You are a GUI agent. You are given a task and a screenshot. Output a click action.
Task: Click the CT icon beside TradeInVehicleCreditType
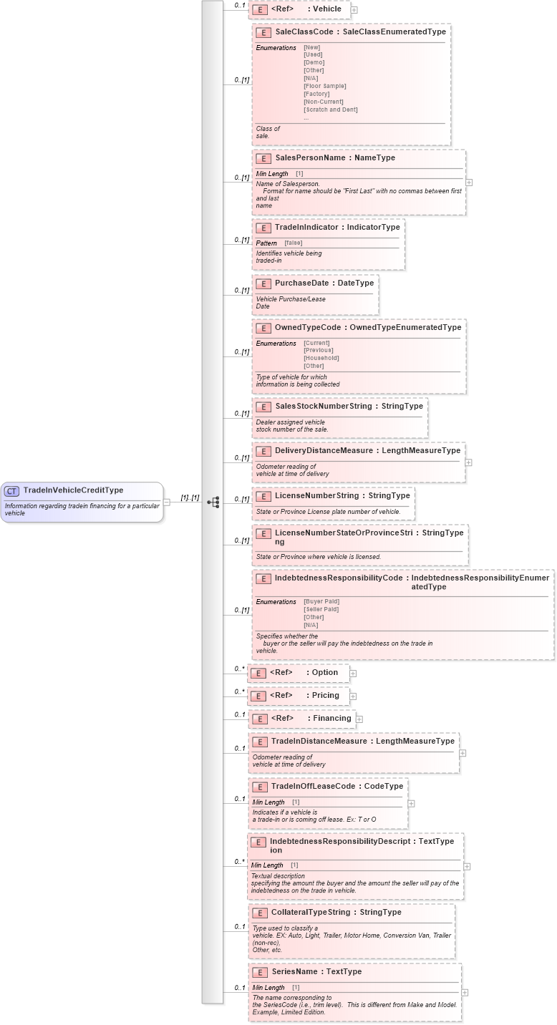click(x=11, y=491)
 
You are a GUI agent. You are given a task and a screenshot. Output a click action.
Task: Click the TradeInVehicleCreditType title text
click(x=73, y=490)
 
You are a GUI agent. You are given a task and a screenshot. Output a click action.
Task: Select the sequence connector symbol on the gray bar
click(x=213, y=502)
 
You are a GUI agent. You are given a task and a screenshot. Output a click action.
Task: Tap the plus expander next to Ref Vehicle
click(x=354, y=10)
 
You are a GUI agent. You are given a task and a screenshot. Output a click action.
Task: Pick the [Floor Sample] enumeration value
click(x=324, y=86)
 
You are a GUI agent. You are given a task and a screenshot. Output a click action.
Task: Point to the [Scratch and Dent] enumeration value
click(x=330, y=110)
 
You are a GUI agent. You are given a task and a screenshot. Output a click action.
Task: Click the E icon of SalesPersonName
click(x=263, y=158)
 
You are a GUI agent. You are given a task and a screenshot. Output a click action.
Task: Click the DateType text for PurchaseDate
click(x=355, y=283)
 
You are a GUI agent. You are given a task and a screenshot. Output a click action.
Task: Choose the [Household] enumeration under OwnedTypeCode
click(x=321, y=358)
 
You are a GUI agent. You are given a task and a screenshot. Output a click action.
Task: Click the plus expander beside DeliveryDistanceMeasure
click(x=468, y=462)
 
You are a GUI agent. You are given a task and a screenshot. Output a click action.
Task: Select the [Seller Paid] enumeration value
click(x=321, y=609)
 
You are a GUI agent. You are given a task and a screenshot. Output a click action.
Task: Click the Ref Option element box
click(x=299, y=673)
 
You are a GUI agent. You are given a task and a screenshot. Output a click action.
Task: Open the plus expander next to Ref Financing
click(x=359, y=719)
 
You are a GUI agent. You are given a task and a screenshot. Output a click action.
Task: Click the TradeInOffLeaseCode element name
click(x=313, y=786)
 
